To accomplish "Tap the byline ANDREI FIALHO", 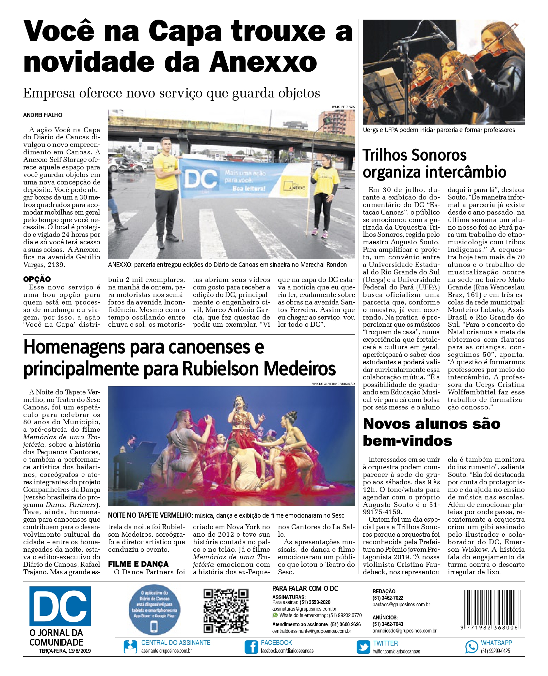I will tap(42, 115).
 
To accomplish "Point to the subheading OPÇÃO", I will tap(37, 279).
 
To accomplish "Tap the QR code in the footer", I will tap(226, 611).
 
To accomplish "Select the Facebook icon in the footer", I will tap(251, 647).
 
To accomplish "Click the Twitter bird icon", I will tap(363, 647).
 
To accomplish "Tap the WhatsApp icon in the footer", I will tap(471, 647).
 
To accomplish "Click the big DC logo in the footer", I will tap(60, 606).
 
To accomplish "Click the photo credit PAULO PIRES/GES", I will tap(343, 107).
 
